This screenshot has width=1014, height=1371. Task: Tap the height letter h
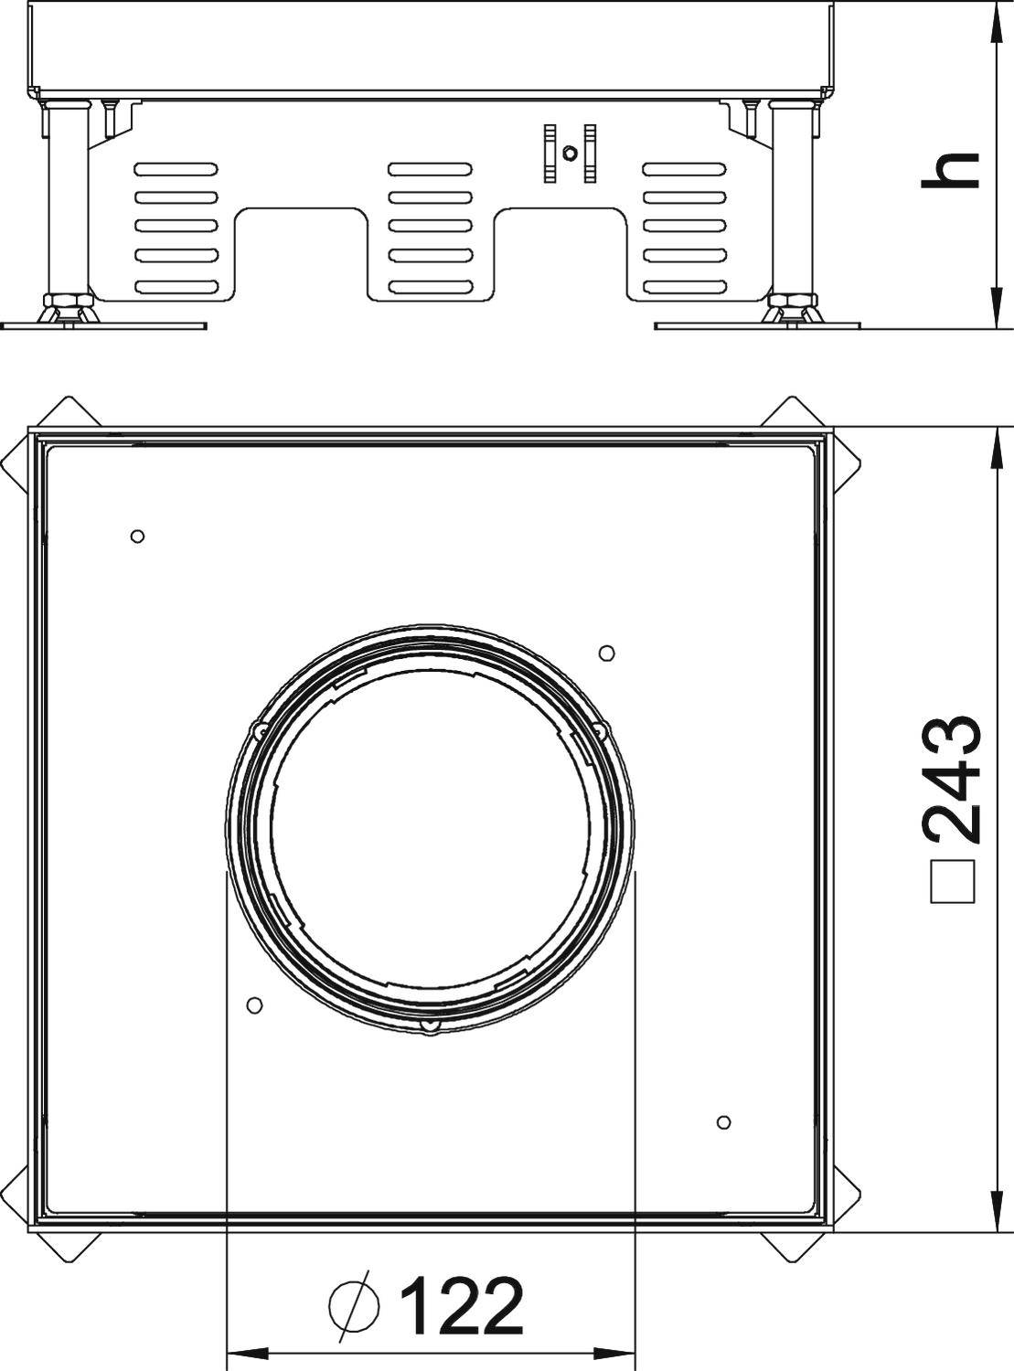(951, 171)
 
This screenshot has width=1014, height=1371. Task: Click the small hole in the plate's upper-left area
(137, 536)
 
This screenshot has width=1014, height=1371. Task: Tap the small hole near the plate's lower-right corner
(723, 1121)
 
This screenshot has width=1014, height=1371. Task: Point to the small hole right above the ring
(606, 653)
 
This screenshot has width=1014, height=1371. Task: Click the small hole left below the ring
(255, 1004)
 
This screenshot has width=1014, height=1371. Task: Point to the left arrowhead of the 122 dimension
(242, 1353)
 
